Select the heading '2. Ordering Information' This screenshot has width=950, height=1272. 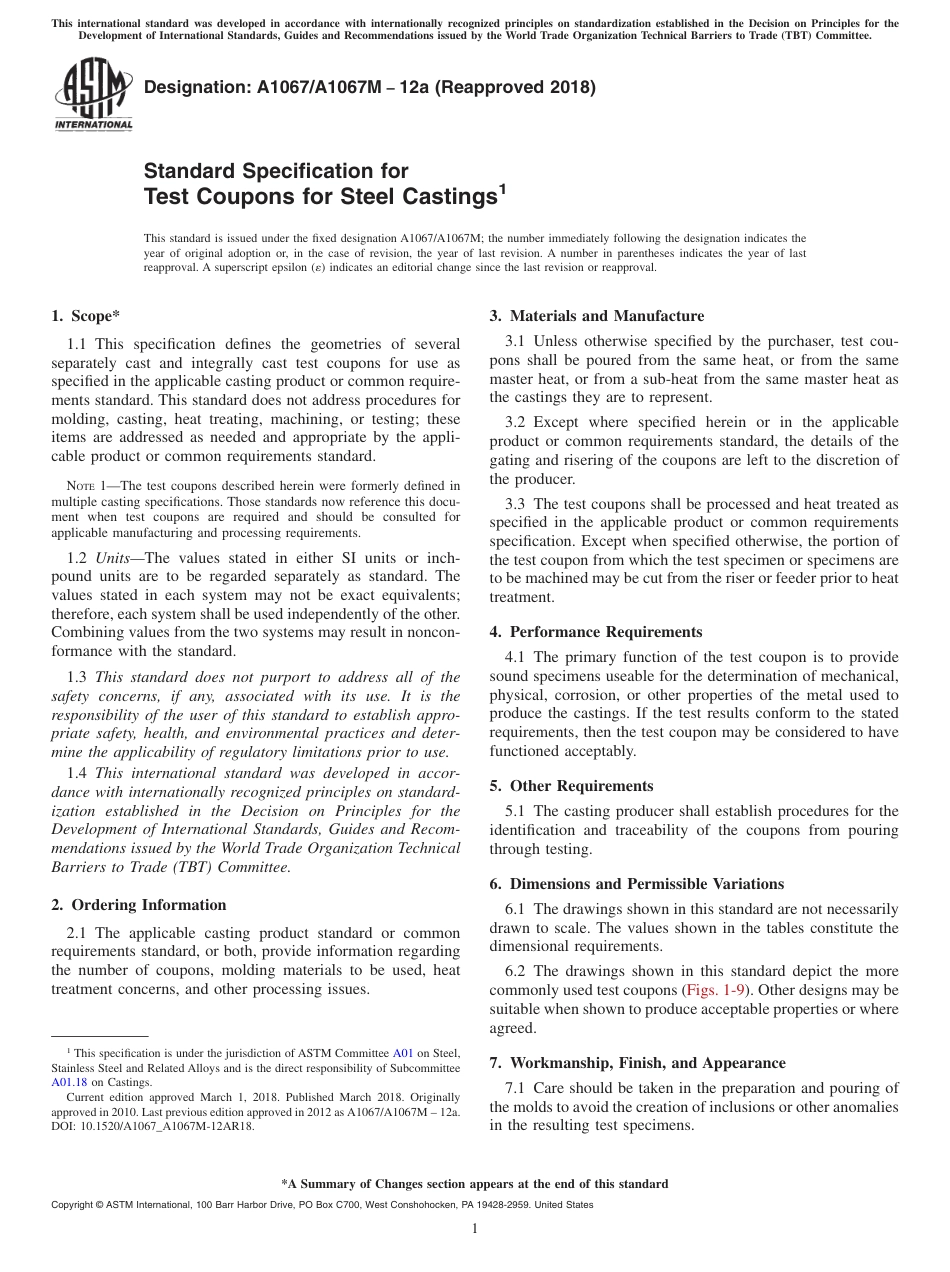tap(138, 905)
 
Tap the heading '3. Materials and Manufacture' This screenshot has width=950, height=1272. tap(597, 316)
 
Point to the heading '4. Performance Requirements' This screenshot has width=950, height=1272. tap(596, 632)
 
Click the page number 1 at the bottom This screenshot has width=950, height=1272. tap(475, 1229)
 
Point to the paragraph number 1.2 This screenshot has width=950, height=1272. tap(77, 557)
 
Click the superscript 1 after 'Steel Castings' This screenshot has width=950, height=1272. tap(503, 188)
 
